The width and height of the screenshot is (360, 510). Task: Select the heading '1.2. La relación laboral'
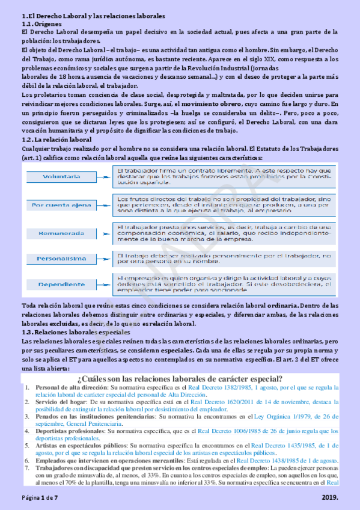tap(53, 140)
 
